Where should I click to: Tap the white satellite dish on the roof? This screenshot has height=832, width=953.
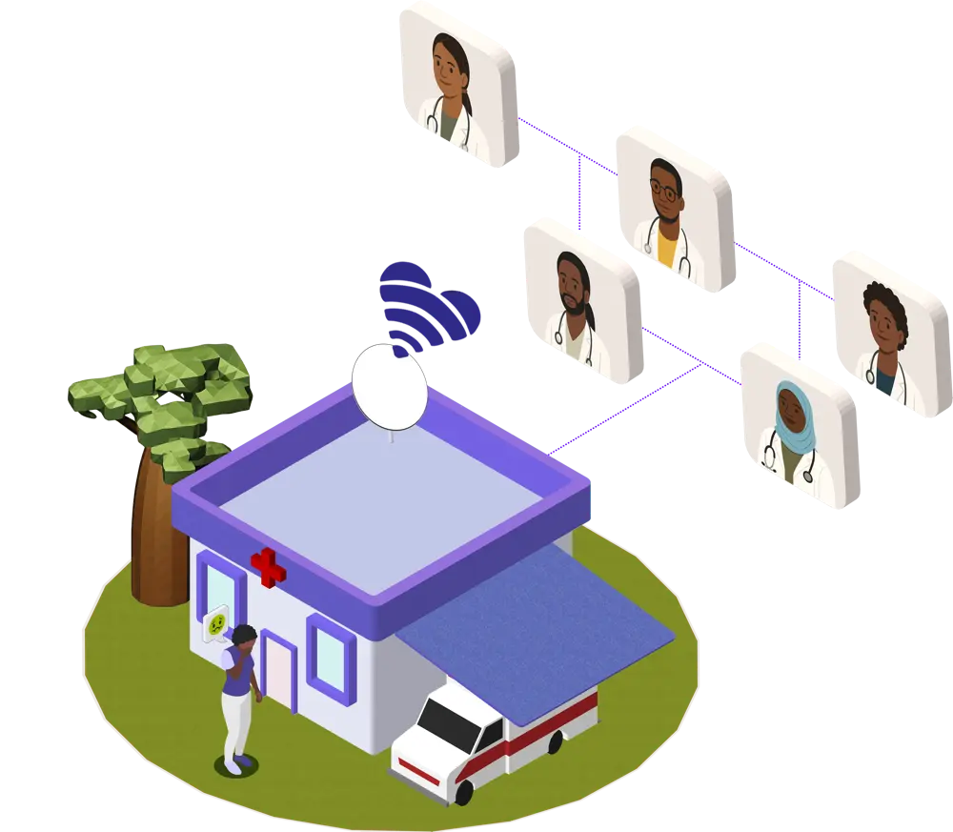[x=389, y=387]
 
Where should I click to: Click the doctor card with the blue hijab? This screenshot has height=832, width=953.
[x=800, y=425]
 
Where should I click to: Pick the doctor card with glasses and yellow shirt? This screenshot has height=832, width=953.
[x=675, y=208]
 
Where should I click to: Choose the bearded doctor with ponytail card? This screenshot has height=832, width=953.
[x=581, y=300]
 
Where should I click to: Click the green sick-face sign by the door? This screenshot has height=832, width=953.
[x=218, y=625]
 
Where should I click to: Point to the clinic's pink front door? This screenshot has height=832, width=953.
[x=280, y=671]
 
